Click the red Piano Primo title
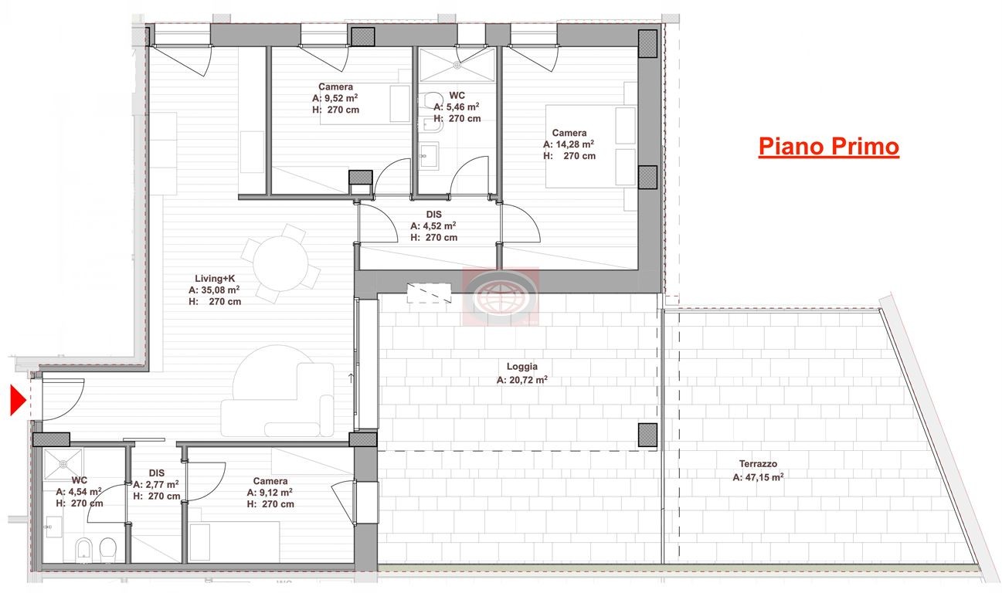(829, 147)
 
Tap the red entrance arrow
(19, 401)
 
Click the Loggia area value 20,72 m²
(522, 380)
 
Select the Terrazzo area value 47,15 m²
(758, 477)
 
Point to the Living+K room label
(215, 279)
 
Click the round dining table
(280, 263)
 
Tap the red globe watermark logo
(501, 296)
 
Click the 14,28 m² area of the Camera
(569, 144)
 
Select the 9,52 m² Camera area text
(335, 98)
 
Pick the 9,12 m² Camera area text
(270, 493)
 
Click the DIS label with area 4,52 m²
(434, 214)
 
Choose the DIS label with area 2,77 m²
(157, 473)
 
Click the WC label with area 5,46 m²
(457, 95)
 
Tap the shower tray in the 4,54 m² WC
(63, 464)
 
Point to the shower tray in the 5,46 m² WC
(457, 65)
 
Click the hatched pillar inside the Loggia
(647, 435)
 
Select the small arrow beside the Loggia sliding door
(352, 378)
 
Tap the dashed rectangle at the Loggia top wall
(429, 293)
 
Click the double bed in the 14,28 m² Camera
(590, 146)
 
